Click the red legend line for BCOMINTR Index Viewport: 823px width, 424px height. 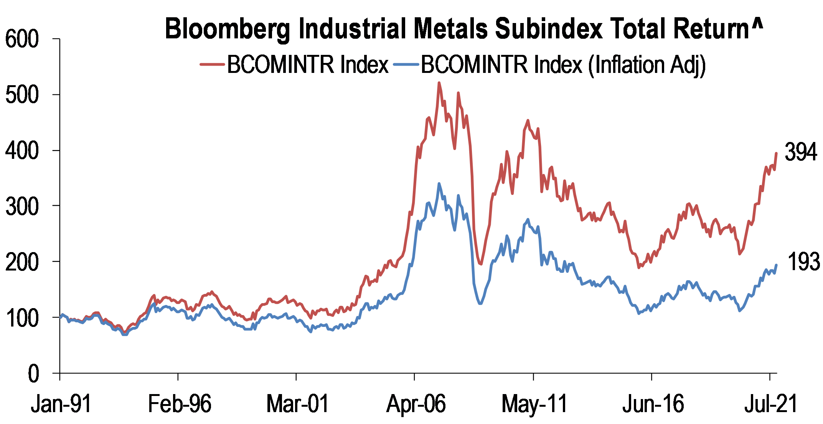click(212, 64)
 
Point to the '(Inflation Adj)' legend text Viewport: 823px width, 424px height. click(647, 65)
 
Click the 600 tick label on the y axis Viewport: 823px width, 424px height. click(22, 39)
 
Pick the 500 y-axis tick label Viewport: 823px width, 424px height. click(22, 95)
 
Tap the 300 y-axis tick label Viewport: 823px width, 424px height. click(22, 206)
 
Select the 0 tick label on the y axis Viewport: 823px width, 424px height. click(33, 373)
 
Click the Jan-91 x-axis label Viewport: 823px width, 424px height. click(61, 404)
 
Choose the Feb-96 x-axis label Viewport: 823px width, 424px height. click(180, 404)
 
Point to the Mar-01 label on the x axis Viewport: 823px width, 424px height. click(298, 404)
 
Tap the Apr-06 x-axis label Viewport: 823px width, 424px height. click(416, 404)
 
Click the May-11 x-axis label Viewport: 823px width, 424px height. click(534, 404)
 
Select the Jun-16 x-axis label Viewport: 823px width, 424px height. click(653, 404)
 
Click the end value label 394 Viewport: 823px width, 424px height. click(801, 152)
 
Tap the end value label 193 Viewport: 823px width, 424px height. click(803, 262)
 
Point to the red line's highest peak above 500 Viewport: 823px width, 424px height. click(439, 83)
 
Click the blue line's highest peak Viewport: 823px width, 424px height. click(439, 184)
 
